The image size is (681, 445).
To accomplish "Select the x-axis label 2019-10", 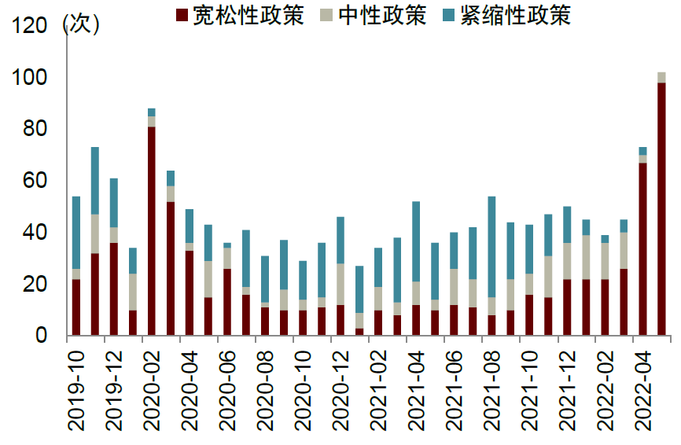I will click(x=76, y=389).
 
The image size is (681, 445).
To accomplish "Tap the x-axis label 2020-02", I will click(x=152, y=389).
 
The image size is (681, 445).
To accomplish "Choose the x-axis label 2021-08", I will click(x=492, y=389).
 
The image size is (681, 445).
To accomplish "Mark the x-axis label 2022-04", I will click(x=643, y=389).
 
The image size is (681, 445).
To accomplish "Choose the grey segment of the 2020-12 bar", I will click(x=340, y=284).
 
